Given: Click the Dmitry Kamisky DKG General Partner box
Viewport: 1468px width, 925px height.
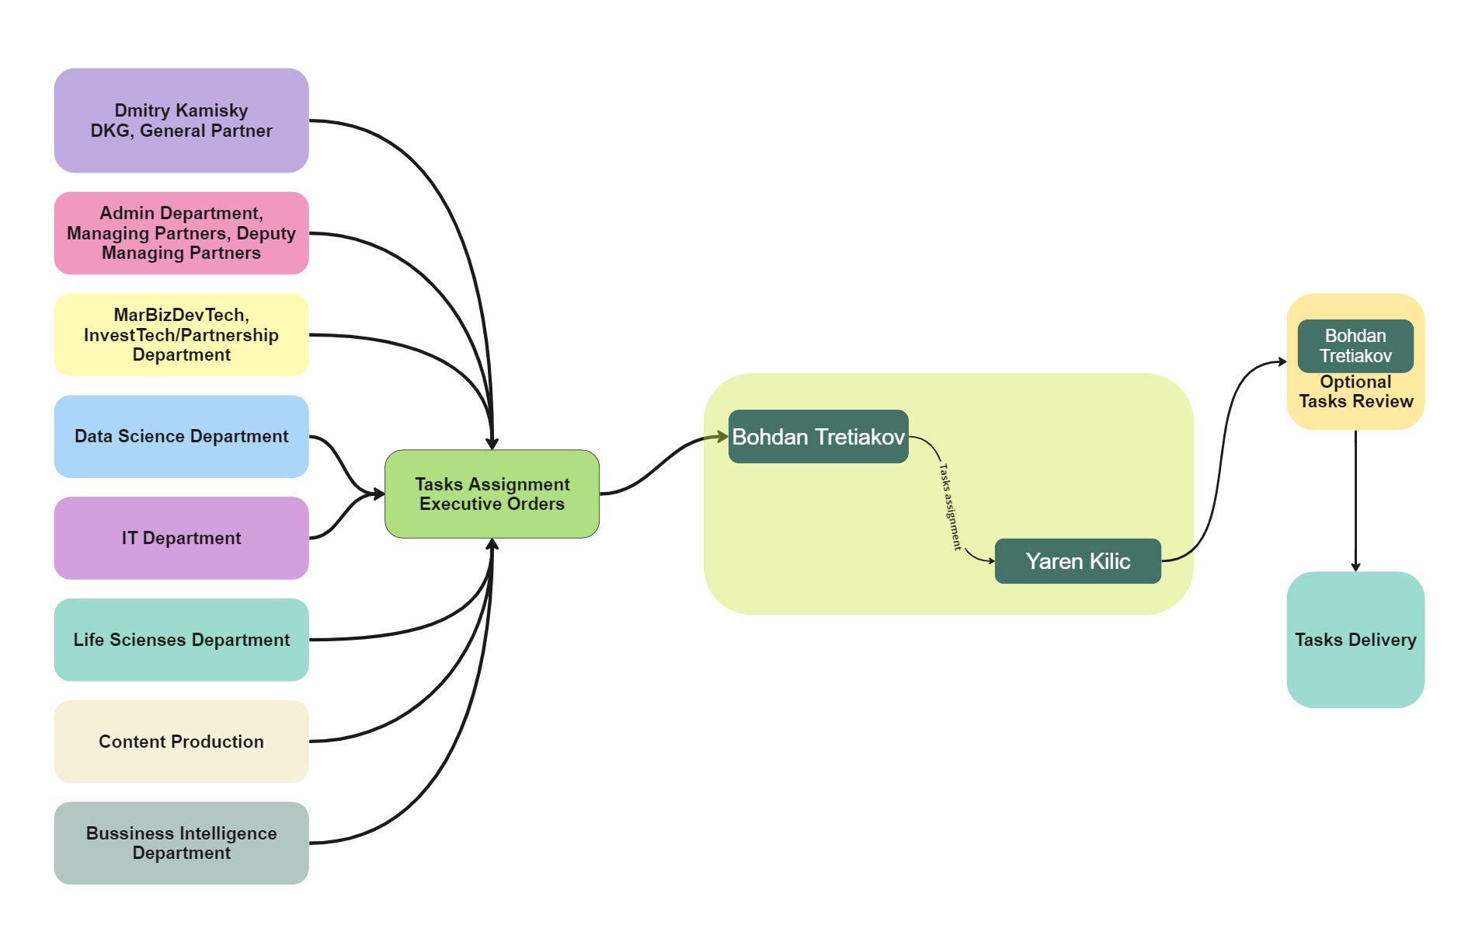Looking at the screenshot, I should tap(181, 120).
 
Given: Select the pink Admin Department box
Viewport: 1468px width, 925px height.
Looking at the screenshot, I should tap(181, 233).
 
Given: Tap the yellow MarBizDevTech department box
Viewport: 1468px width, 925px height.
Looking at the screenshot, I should tap(181, 335).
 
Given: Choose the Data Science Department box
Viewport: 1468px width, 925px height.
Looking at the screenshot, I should tap(181, 436).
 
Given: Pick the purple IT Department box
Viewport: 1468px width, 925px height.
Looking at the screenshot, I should tap(181, 538).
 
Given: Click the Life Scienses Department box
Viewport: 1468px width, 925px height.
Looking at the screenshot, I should tap(181, 640).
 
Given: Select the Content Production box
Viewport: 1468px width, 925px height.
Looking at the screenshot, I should tap(181, 742).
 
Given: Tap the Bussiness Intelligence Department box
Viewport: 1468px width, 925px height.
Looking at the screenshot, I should tap(181, 843).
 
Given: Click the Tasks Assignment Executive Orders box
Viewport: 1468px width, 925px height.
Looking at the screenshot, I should tap(492, 494).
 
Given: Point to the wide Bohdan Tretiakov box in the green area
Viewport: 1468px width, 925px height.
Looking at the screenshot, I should tap(818, 437).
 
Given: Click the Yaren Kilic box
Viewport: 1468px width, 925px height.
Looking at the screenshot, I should tap(1077, 561).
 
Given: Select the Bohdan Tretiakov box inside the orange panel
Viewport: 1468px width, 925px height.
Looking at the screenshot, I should tap(1355, 346).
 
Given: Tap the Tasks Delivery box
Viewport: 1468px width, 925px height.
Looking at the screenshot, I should tap(1355, 640).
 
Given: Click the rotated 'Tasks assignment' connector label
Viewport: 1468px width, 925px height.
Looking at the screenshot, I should tap(950, 507).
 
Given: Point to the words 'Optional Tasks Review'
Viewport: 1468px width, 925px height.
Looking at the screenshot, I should tap(1355, 392).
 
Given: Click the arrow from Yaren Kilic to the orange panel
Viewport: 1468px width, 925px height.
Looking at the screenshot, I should tap(1223, 459).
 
